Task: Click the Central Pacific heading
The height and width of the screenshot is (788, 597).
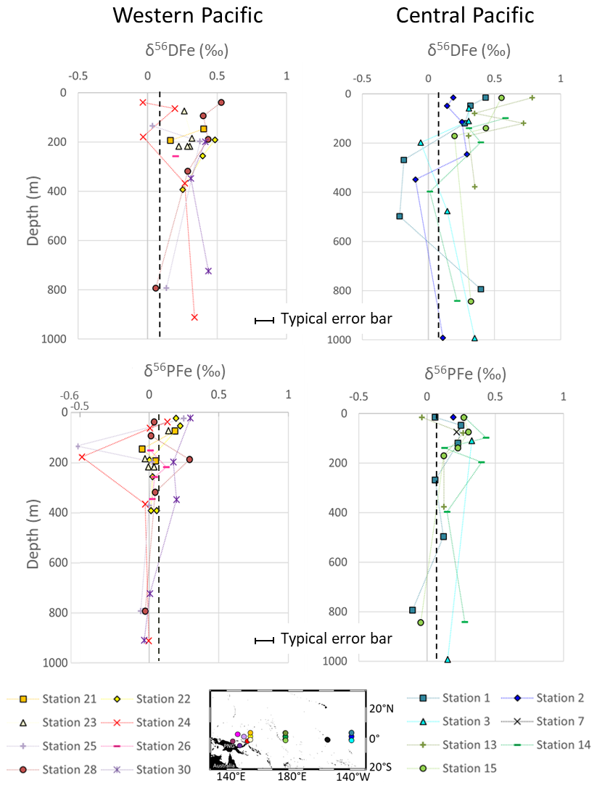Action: [465, 15]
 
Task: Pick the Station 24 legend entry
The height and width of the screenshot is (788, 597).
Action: [164, 722]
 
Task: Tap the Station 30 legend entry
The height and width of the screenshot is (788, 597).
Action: [164, 768]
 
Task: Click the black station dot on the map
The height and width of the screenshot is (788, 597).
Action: [328, 739]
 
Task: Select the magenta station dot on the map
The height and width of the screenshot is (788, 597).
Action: [237, 735]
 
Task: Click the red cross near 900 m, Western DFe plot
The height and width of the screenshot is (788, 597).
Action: [194, 317]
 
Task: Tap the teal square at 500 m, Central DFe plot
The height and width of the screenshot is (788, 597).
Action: [400, 216]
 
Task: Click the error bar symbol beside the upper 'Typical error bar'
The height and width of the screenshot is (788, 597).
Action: [264, 320]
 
